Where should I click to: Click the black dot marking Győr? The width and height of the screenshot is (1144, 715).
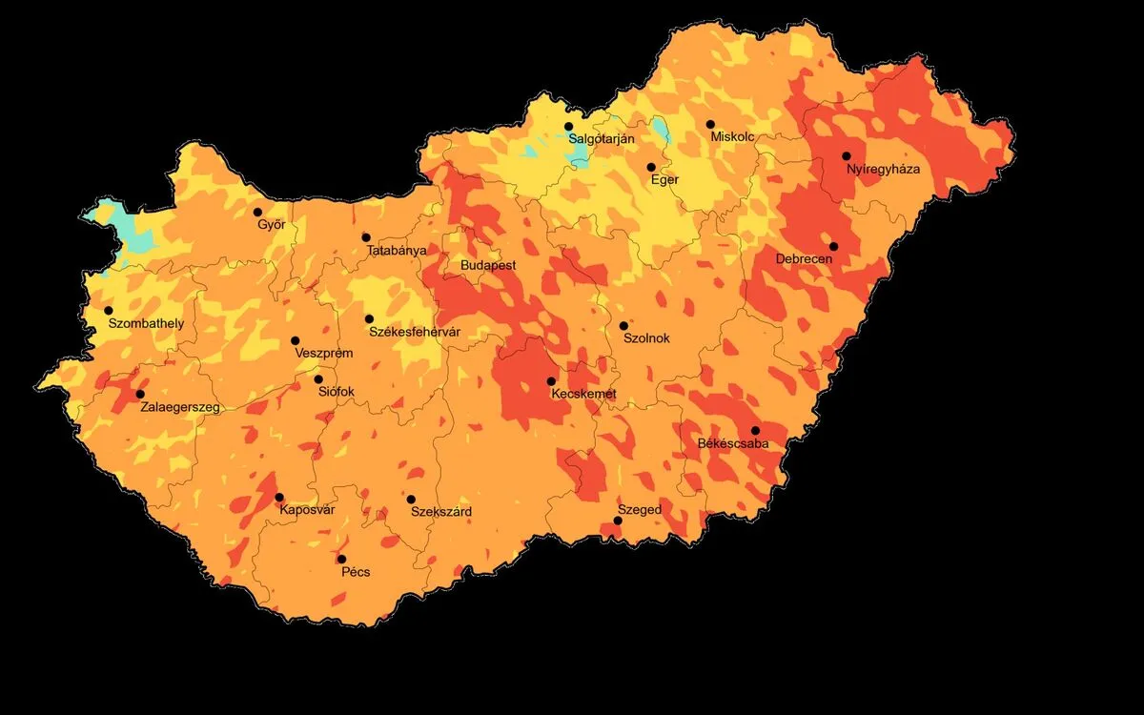coord(257,212)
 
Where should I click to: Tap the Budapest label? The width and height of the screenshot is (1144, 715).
coord(488,265)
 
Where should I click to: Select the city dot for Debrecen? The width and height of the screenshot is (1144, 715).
coord(833,246)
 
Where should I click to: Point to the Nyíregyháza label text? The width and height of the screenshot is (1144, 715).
coord(883,170)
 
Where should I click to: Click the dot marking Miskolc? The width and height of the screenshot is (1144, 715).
coord(710,124)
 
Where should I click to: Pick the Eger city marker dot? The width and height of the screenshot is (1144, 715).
coord(651,167)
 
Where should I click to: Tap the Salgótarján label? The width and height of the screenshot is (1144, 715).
coord(602,139)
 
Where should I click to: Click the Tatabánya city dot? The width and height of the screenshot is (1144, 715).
coord(366,237)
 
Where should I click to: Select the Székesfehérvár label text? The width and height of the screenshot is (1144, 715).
coord(415,333)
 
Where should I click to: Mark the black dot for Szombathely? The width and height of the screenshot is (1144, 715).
coord(109,310)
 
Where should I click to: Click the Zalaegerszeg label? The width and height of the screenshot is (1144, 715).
coord(180,408)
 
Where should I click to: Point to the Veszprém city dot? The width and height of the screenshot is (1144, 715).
coord(296,340)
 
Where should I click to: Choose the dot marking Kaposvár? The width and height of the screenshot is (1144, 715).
coord(279,497)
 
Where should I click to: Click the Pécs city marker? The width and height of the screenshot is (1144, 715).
coord(341,559)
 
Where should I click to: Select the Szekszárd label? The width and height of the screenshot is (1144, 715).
coord(441,512)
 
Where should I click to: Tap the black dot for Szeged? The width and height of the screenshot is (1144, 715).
coord(618,521)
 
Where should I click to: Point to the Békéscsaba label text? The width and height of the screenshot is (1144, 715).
coord(733,444)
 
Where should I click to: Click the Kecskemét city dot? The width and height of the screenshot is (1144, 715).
coord(551,380)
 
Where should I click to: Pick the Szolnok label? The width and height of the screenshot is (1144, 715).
coord(646,338)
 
